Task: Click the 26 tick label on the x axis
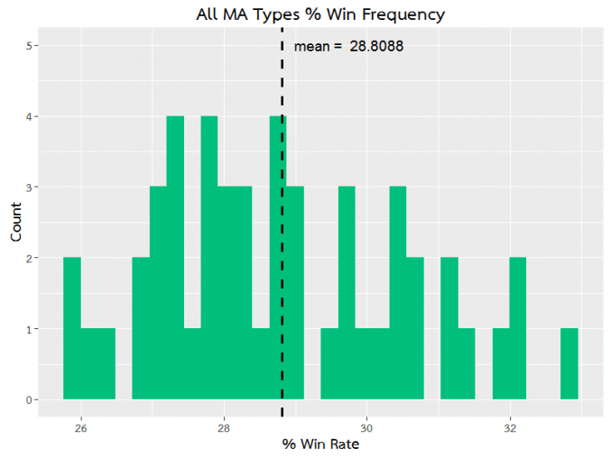pyautogui.click(x=81, y=428)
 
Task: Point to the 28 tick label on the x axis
pyautogui.click(x=224, y=428)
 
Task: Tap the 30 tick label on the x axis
pyautogui.click(x=366, y=428)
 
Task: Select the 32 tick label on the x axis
pyautogui.click(x=510, y=428)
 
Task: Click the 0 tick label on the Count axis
pyautogui.click(x=29, y=400)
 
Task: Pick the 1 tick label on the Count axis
pyautogui.click(x=29, y=329)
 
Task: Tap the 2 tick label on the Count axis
pyautogui.click(x=29, y=259)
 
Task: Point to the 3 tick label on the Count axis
pyautogui.click(x=29, y=188)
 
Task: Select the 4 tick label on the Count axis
pyautogui.click(x=29, y=116)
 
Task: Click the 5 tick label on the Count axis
pyautogui.click(x=29, y=45)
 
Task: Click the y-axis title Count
pyautogui.click(x=15, y=222)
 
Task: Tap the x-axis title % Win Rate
pyautogui.click(x=320, y=444)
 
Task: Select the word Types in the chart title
pyautogui.click(x=277, y=15)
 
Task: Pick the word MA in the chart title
pyautogui.click(x=236, y=14)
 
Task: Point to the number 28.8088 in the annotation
pyautogui.click(x=376, y=46)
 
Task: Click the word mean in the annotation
pyautogui.click(x=311, y=47)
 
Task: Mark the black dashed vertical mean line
pyautogui.click(x=282, y=223)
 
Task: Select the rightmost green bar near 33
pyautogui.click(x=569, y=364)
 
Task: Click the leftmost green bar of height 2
pyautogui.click(x=72, y=328)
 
